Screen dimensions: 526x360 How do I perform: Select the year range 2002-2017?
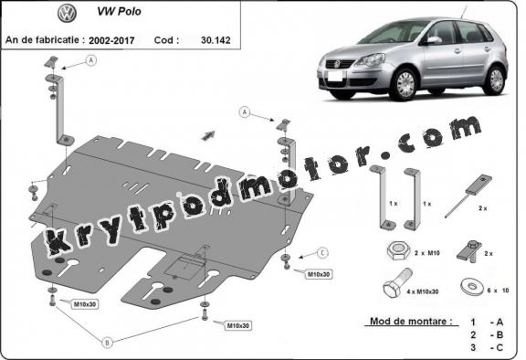point(114,41)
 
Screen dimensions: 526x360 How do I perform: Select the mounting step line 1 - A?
point(488,323)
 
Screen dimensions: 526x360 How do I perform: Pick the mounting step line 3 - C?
point(488,348)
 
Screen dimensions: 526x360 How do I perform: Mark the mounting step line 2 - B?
point(488,335)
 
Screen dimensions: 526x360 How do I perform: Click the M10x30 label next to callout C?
point(319,274)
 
